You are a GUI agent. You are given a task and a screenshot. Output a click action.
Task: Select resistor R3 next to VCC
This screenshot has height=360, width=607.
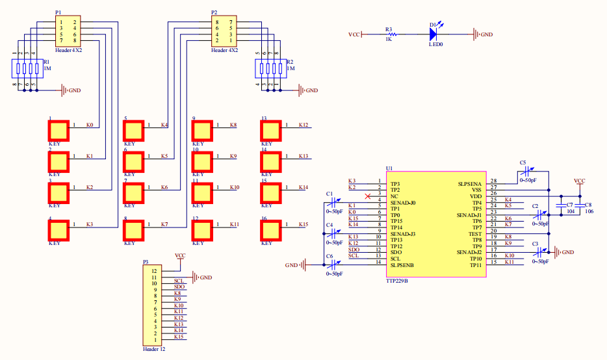click(x=389, y=34)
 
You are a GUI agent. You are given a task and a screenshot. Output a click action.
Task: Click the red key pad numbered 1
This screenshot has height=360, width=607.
click(x=59, y=130)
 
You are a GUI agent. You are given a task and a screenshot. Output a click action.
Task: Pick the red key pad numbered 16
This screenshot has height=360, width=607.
click(x=270, y=230)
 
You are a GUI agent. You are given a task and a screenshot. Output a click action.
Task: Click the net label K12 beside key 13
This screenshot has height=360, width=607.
click(x=303, y=125)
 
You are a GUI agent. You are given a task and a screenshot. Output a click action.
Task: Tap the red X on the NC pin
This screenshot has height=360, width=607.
click(x=368, y=196)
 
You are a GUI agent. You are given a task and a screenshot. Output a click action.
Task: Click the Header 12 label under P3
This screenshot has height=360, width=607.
click(x=154, y=350)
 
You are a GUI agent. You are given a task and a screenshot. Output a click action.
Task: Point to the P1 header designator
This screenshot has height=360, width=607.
click(x=58, y=13)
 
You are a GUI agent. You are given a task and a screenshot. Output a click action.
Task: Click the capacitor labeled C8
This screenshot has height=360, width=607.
click(x=580, y=205)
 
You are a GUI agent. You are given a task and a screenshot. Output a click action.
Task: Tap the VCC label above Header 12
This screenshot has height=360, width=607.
click(x=180, y=256)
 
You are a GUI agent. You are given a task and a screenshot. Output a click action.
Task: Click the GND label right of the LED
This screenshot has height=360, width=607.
click(x=486, y=34)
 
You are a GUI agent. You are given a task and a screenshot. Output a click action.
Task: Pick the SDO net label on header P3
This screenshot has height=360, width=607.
click(x=179, y=287)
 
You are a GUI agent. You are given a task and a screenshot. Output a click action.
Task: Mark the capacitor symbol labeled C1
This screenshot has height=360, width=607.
click(x=334, y=203)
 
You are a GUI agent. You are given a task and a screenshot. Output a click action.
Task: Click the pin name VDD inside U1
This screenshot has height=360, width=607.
click(x=476, y=196)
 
